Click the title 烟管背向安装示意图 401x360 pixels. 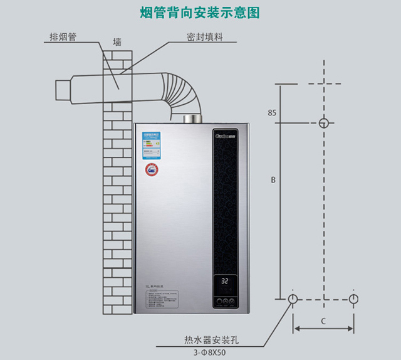click(x=199, y=13)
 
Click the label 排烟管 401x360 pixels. click(x=63, y=37)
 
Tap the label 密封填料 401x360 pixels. click(x=204, y=37)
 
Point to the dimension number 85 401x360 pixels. click(x=271, y=113)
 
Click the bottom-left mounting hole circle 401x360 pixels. click(x=293, y=298)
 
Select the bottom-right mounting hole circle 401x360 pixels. click(x=353, y=298)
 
